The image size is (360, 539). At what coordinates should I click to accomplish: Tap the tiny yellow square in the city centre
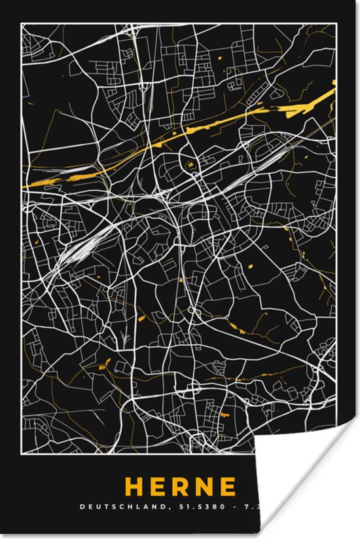pos(190,165)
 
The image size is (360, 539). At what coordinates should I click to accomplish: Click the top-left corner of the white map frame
pos(22,23)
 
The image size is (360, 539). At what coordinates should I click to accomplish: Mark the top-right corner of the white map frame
pos(338,23)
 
